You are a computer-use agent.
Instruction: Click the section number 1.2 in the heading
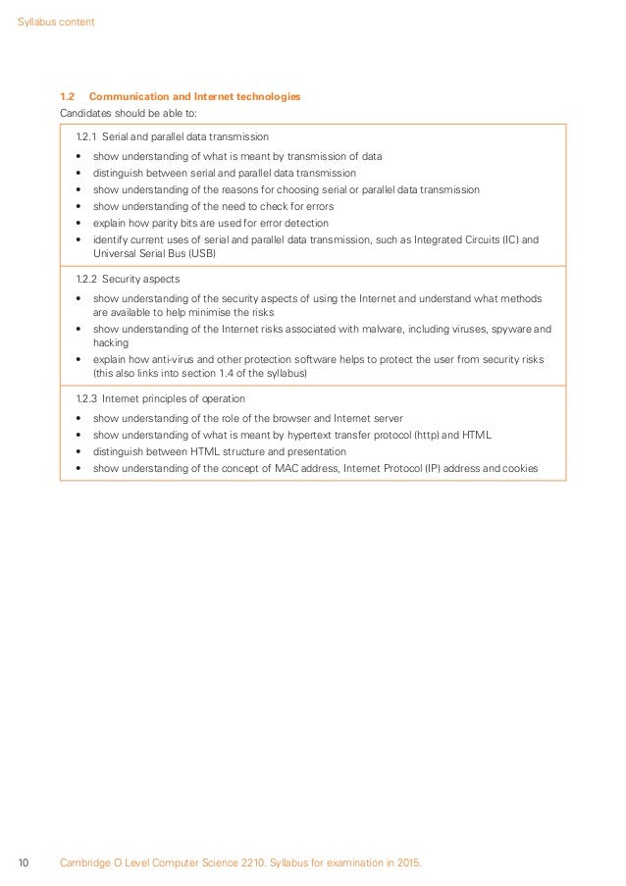point(68,96)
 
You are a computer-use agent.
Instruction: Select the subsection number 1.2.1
point(86,136)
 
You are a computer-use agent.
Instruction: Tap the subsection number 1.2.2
point(86,279)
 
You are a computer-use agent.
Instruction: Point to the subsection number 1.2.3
point(86,398)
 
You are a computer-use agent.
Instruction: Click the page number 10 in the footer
point(25,863)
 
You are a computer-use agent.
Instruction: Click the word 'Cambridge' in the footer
point(86,863)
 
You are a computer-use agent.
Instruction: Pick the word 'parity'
point(165,224)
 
